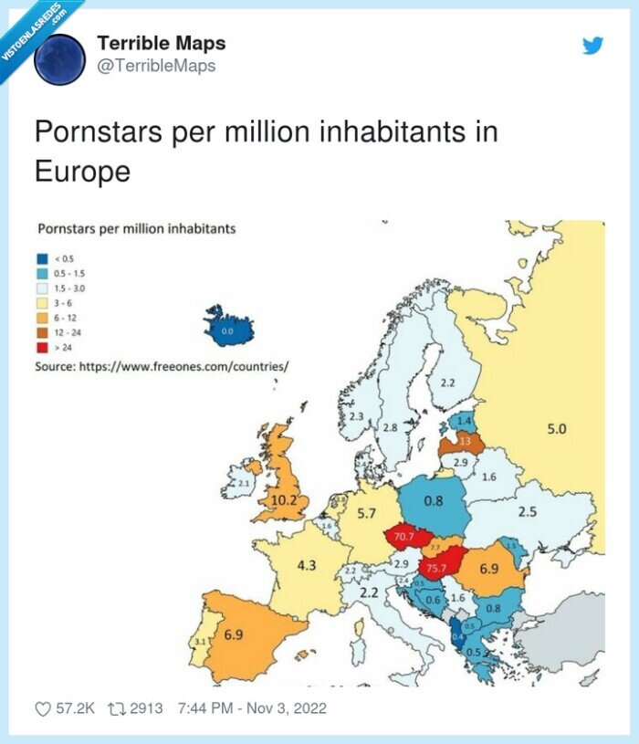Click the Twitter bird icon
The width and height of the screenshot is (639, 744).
tap(593, 46)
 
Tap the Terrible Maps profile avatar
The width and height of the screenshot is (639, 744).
tap(59, 60)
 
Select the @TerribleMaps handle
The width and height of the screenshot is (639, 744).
tap(156, 66)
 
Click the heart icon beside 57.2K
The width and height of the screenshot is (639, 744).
tap(44, 708)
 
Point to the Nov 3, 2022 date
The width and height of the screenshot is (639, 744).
tap(278, 708)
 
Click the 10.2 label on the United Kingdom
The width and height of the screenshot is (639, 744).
tap(283, 499)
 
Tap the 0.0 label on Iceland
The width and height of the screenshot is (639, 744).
tap(227, 331)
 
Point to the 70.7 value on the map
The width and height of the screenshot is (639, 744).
tap(404, 537)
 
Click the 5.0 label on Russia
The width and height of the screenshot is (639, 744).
tap(556, 428)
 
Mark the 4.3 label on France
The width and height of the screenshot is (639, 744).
tap(307, 565)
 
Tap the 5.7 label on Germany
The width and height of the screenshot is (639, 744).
tap(366, 514)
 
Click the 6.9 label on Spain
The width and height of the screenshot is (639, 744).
tap(233, 634)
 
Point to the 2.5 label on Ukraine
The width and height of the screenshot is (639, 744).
tap(527, 512)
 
